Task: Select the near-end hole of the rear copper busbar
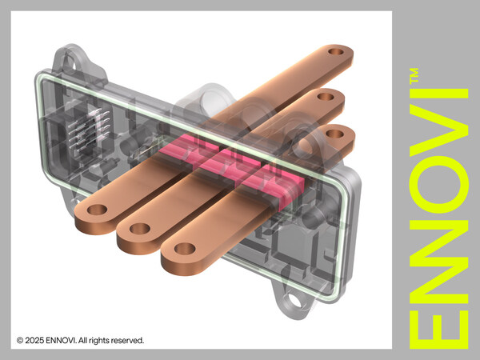[x=97, y=210]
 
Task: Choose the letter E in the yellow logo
[x=435, y=325]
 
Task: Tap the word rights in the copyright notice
[x=96, y=341]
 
